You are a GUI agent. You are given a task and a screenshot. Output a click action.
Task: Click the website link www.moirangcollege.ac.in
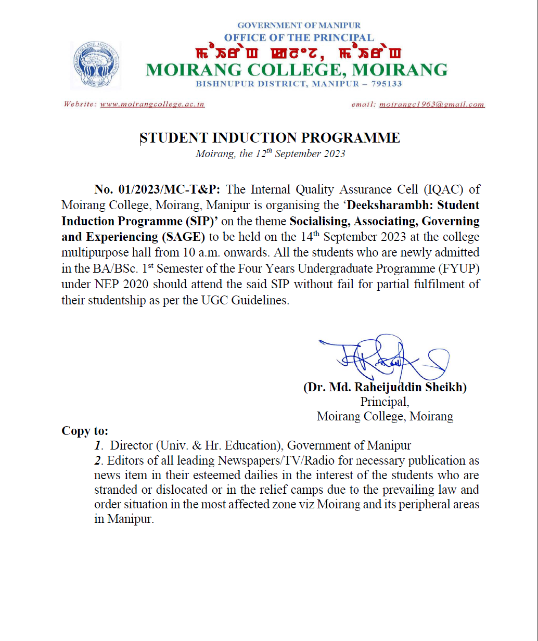coord(152,105)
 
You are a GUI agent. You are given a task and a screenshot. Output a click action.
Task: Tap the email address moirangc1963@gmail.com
coord(432,105)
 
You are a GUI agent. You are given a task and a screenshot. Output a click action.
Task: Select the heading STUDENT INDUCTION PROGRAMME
coord(270,138)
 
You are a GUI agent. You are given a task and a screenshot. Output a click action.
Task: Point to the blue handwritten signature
coord(382,358)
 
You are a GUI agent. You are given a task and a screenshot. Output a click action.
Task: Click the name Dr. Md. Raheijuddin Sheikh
coord(385,388)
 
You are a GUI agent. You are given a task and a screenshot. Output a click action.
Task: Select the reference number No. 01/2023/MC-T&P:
coord(158,189)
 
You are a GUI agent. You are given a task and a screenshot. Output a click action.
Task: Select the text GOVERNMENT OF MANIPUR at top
coord(299,25)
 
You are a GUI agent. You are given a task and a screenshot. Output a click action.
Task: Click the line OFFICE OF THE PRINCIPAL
coord(299,37)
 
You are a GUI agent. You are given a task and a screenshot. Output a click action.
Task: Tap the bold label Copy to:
coord(85,431)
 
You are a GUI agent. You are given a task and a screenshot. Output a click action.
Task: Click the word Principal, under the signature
coord(385,402)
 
